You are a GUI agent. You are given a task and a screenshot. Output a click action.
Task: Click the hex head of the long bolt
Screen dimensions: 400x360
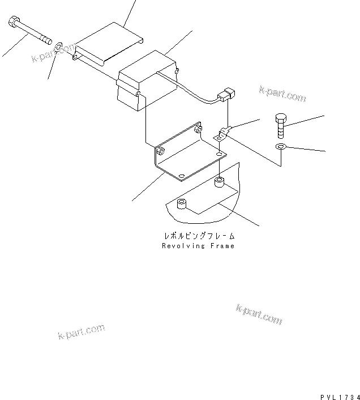click(14, 23)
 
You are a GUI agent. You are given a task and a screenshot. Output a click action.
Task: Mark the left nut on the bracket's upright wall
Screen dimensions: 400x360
click(161, 151)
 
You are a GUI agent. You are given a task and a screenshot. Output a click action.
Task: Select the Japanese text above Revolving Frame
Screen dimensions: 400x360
click(198, 235)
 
